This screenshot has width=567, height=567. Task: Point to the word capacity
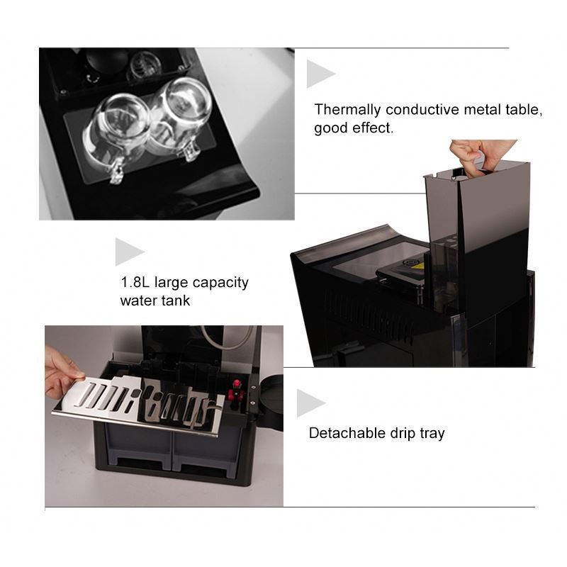coord(223,283)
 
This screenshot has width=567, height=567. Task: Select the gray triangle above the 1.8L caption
coord(128,252)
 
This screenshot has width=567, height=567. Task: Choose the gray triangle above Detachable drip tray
coord(309,403)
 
